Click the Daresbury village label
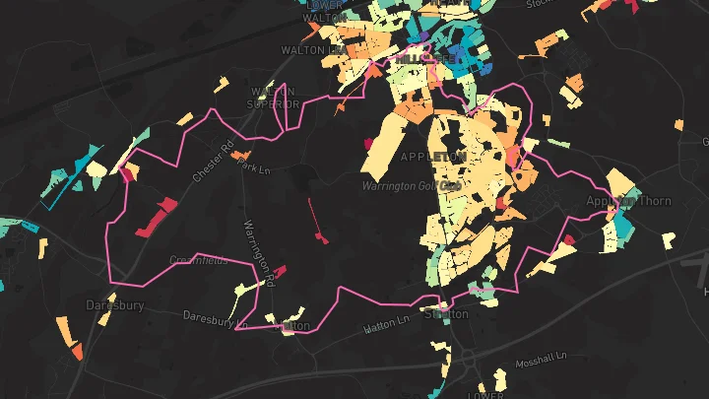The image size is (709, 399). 114,305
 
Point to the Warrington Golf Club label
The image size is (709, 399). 412,185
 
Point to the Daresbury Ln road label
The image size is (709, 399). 210,318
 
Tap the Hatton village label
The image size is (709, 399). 294,324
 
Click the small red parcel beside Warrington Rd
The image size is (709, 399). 280,271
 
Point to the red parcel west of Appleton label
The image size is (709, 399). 370,144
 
